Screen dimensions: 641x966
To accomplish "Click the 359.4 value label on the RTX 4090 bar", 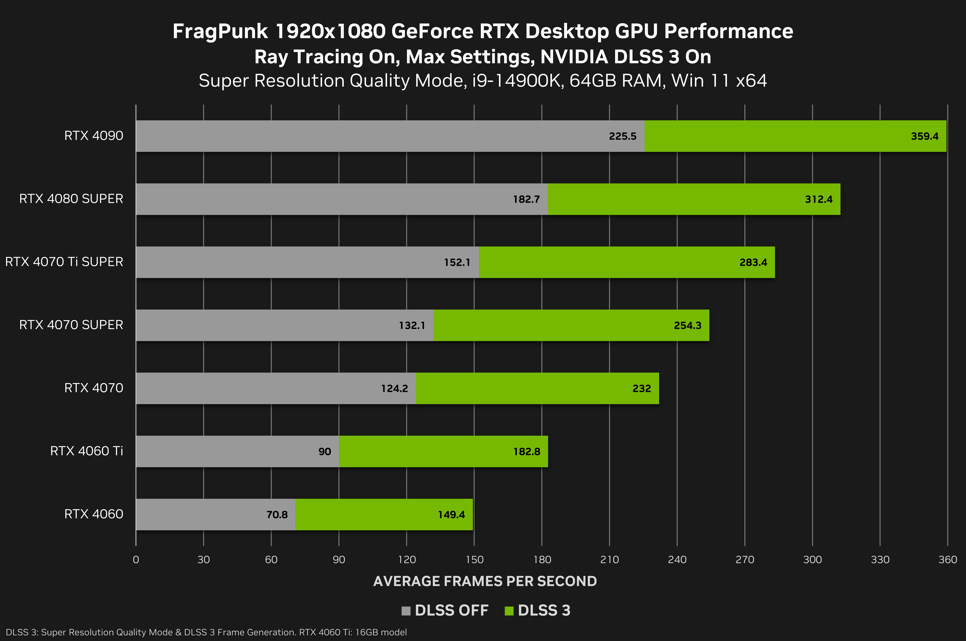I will tap(924, 136).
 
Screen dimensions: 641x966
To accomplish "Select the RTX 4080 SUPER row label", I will tap(71, 199).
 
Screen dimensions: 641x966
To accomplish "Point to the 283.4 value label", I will tap(753, 263).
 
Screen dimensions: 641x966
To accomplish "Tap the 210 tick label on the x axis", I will tap(609, 560).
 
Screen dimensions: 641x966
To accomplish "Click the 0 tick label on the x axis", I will tap(136, 560).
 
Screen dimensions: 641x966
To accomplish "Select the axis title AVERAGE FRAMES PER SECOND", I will tap(485, 581).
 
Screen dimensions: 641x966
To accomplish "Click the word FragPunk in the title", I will tap(220, 32).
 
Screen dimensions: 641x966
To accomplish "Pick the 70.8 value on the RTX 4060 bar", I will tap(277, 515).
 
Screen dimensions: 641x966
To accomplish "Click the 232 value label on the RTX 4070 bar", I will tap(642, 388).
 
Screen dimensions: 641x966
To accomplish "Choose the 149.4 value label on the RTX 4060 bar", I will tap(451, 515).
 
